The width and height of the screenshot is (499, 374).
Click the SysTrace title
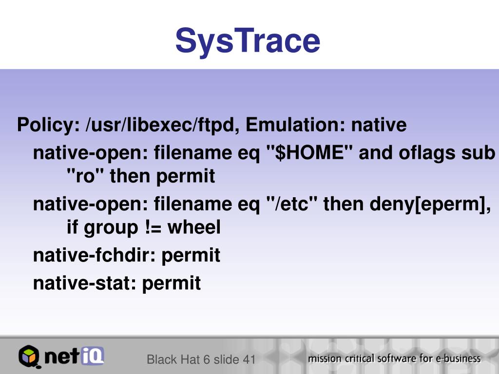pyautogui.click(x=248, y=41)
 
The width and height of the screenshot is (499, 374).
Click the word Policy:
pyautogui.click(x=48, y=125)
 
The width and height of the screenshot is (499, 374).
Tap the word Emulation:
pyautogui.click(x=295, y=124)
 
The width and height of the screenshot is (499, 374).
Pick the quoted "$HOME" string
pyautogui.click(x=309, y=152)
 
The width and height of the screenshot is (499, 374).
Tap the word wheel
pyautogui.click(x=194, y=227)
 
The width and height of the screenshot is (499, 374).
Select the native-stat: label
pyautogui.click(x=85, y=283)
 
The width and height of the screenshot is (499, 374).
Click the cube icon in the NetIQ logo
pyautogui.click(x=29, y=356)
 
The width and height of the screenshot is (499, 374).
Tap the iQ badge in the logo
pyautogui.click(x=92, y=355)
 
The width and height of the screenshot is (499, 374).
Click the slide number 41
pyautogui.click(x=249, y=359)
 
